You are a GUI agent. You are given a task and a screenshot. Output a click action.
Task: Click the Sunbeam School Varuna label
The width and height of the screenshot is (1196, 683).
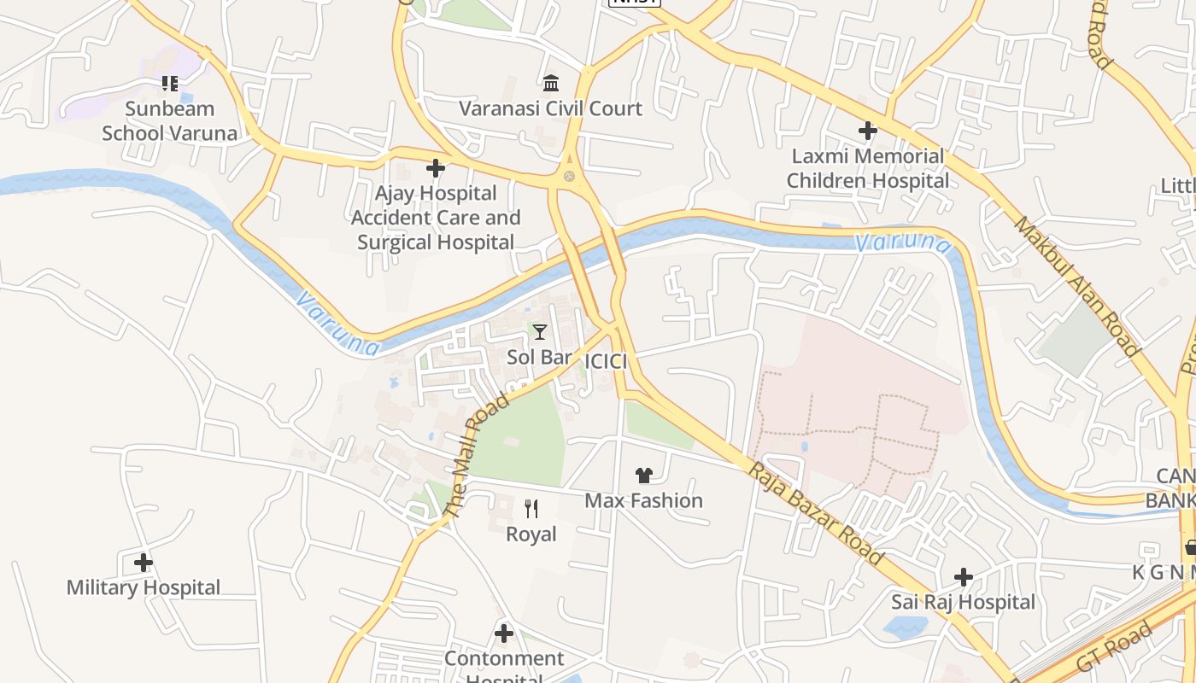[169, 121]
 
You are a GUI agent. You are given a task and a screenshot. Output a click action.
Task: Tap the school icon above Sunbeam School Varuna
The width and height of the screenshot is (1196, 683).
[169, 83]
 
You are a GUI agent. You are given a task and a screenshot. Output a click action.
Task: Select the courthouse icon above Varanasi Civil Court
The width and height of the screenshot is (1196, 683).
[551, 83]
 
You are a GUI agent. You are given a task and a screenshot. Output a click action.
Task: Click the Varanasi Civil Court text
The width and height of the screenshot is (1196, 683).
[551, 108]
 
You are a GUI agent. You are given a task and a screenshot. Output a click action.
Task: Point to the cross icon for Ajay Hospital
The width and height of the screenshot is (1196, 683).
[436, 168]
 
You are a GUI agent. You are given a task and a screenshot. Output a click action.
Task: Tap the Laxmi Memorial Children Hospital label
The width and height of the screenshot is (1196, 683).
[867, 168]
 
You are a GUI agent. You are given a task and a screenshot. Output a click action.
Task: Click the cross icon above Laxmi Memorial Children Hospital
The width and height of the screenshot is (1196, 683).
[867, 131]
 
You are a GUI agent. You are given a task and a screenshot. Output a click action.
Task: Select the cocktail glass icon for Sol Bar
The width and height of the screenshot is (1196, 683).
[539, 331]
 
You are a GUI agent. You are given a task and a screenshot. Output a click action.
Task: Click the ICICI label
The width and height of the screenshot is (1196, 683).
[606, 362]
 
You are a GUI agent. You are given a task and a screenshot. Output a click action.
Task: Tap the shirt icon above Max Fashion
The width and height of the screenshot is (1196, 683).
[644, 476]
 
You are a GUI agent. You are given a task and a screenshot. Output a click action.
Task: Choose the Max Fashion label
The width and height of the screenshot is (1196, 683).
[644, 500]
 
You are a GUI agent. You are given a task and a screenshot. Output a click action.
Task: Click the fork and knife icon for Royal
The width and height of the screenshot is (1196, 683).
[531, 509]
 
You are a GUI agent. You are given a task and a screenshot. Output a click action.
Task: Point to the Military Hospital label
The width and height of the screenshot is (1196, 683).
[144, 587]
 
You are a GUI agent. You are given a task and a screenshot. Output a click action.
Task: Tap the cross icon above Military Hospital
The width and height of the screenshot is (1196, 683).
[144, 563]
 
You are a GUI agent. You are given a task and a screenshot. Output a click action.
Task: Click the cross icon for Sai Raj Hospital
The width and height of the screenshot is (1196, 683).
[964, 577]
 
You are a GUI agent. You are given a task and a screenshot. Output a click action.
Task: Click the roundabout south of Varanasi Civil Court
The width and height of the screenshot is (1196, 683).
[568, 177]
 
